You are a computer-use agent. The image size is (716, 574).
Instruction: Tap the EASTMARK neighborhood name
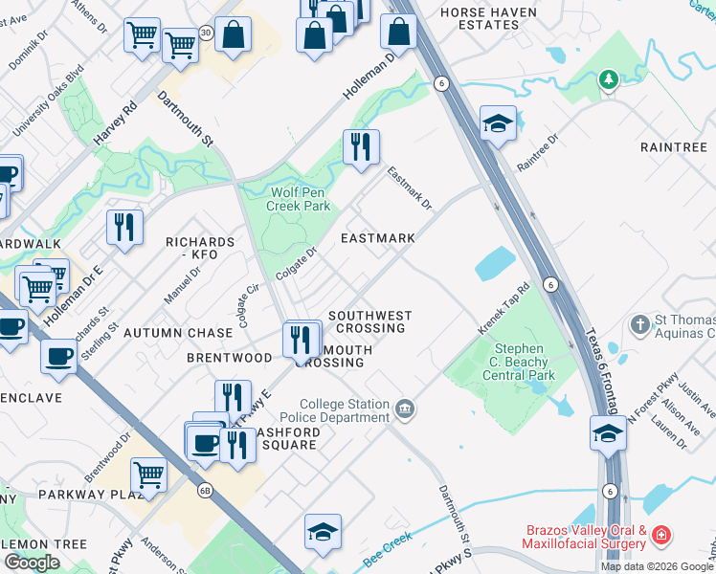tap(379, 238)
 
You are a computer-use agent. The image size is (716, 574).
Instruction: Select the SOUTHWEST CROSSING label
tap(369, 321)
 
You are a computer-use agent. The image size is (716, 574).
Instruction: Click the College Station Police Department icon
tap(405, 410)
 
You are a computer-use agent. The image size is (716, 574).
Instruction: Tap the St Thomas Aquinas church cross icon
tap(640, 324)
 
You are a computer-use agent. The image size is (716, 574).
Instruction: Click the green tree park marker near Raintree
tap(608, 78)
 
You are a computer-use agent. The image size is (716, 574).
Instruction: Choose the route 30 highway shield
tap(205, 33)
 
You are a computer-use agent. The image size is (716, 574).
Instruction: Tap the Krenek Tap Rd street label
tap(505, 309)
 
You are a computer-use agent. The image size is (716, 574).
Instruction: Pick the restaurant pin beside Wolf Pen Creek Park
tap(361, 147)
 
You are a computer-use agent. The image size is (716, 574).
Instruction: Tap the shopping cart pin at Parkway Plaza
tap(148, 473)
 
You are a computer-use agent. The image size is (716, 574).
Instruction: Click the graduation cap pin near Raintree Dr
tap(498, 123)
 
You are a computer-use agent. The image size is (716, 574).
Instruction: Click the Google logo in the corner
tap(32, 562)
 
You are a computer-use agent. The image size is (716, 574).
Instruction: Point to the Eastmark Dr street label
tap(410, 189)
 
